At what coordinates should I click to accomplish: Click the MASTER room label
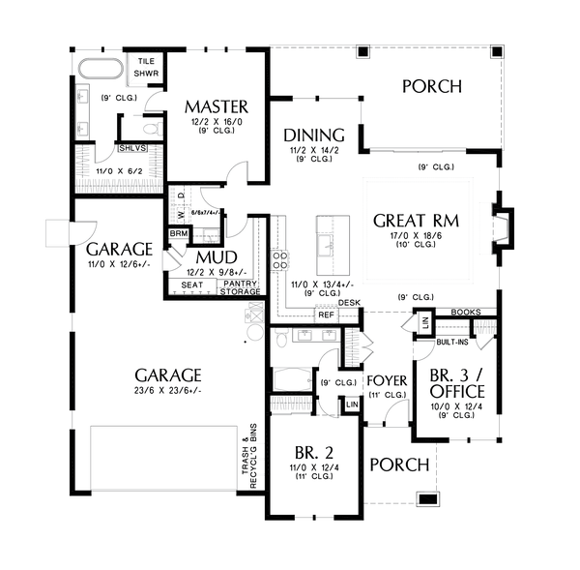coord(217,105)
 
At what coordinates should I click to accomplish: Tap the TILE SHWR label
coord(147,66)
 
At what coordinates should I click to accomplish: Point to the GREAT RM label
coord(416,220)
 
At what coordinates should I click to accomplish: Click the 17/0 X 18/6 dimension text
coord(416,234)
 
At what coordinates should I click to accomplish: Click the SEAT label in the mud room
coord(192,285)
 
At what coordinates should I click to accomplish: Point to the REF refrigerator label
coord(325,315)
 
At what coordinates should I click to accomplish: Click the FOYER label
coord(386,379)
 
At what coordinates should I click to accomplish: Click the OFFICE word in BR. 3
coord(458,390)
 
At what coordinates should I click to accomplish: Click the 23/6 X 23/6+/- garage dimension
coord(168,390)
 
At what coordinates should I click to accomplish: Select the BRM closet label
coord(179,233)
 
